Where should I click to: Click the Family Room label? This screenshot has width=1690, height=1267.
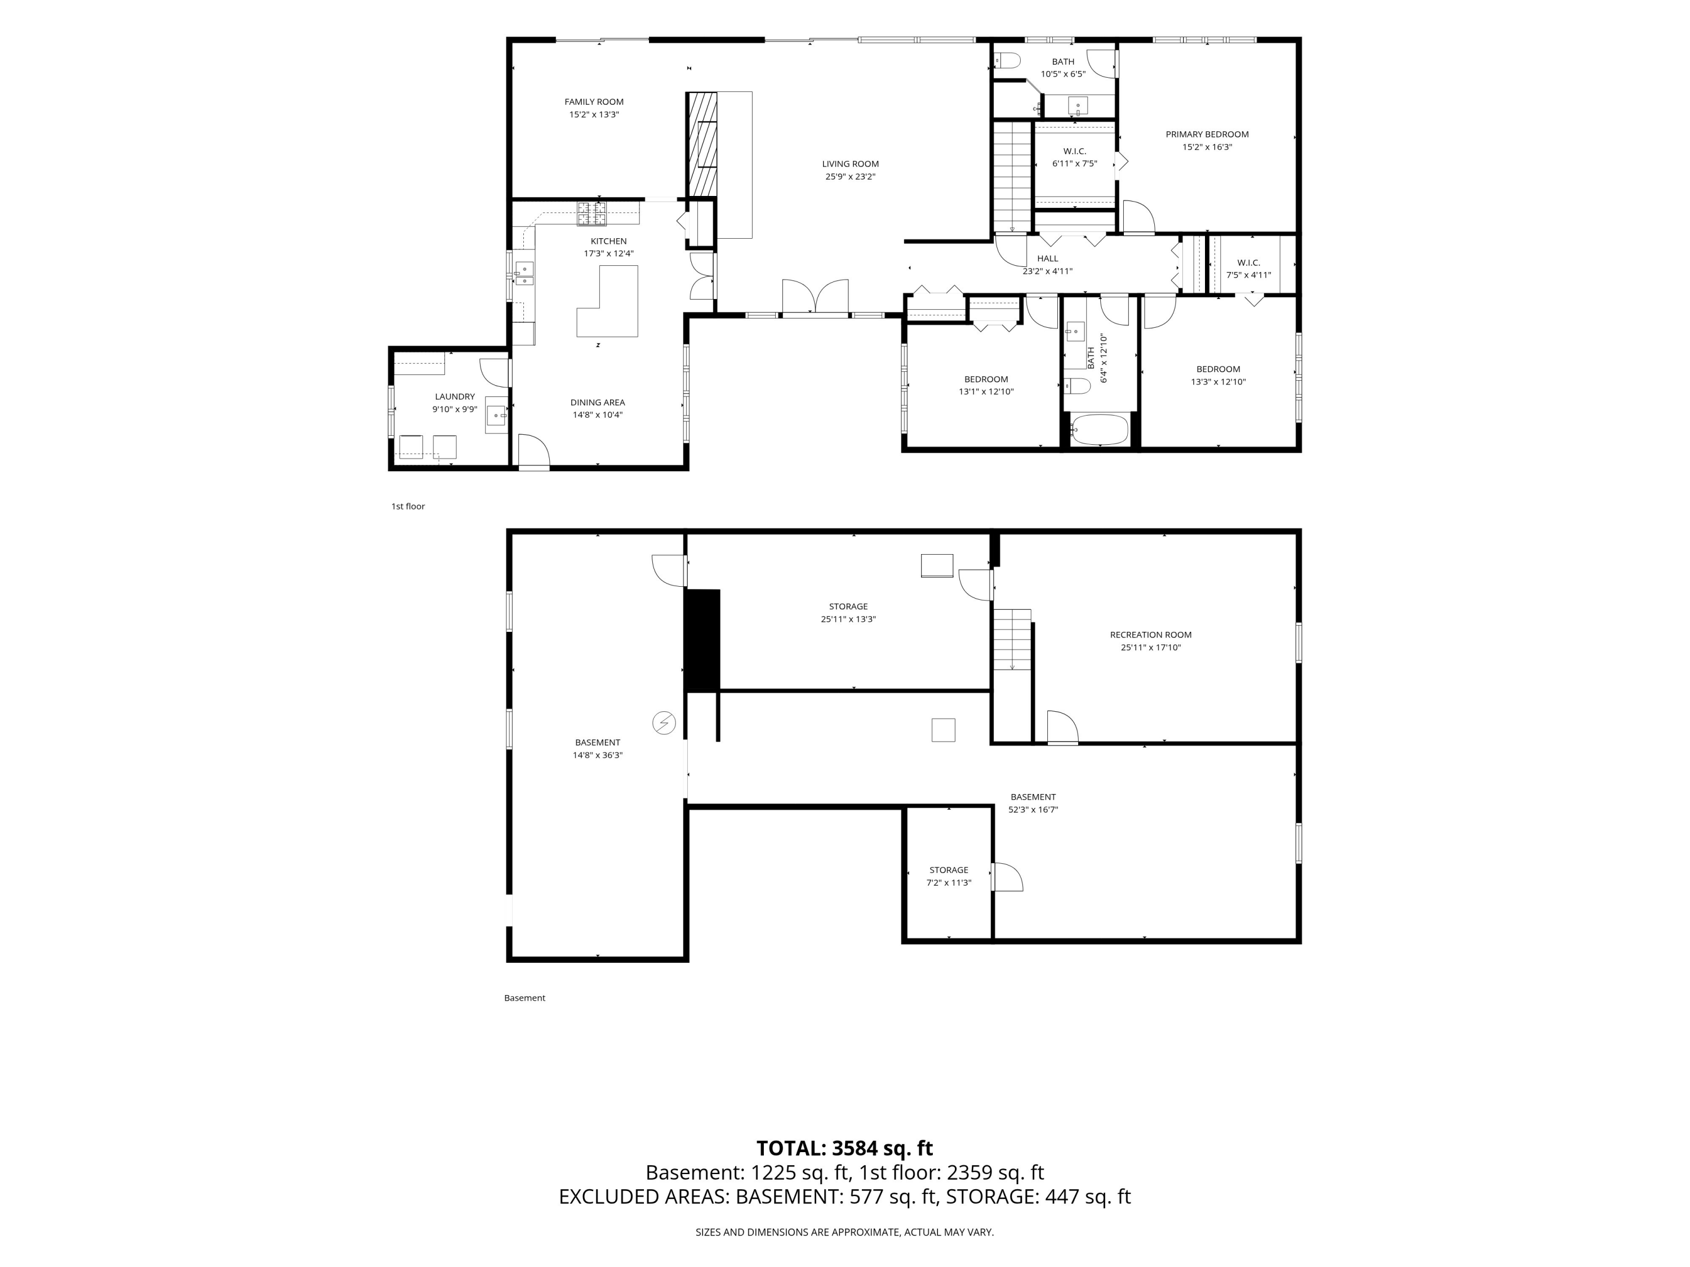coord(594,101)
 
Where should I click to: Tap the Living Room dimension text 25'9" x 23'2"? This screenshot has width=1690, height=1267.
coord(850,176)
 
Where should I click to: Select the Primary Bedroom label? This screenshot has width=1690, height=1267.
coord(1207,135)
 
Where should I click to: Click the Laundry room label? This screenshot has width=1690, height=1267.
coord(455,396)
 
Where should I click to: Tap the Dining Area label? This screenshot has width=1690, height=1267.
coord(598,403)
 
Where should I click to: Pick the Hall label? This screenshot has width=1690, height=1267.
coord(1047,258)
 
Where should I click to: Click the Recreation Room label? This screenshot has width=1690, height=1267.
coord(1150,635)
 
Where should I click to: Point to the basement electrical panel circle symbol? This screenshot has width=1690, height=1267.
coord(664,722)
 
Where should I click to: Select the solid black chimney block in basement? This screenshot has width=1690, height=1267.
coord(703,640)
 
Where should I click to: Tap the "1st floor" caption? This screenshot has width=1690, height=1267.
coord(408,506)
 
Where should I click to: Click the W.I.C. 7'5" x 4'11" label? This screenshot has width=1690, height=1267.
coord(1248,269)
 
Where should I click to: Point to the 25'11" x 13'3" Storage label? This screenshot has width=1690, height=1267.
coord(848,613)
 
